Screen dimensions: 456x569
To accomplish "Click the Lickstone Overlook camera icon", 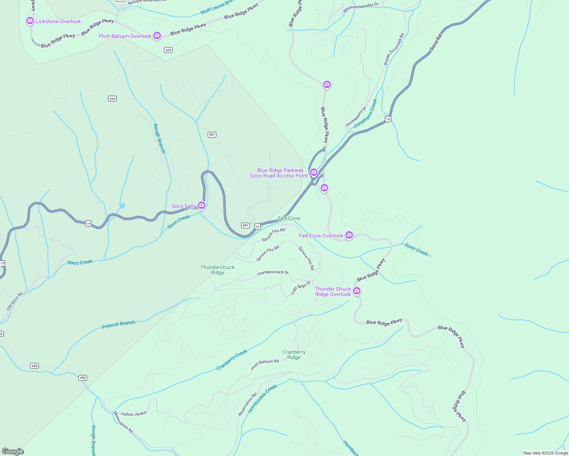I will pyautogui.click(x=30, y=21).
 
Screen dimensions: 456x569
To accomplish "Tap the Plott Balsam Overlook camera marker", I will pyautogui.click(x=157, y=35).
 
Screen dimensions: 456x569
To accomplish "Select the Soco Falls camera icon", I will pyautogui.click(x=202, y=205).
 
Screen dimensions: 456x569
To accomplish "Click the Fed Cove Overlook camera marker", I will pyautogui.click(x=349, y=235).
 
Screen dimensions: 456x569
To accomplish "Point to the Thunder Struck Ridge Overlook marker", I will pyautogui.click(x=357, y=291).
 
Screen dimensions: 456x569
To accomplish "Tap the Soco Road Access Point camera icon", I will pyautogui.click(x=314, y=172).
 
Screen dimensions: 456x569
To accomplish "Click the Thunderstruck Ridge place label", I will pyautogui.click(x=218, y=270).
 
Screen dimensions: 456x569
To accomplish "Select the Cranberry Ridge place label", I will pyautogui.click(x=294, y=355).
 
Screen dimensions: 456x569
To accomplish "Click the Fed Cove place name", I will pyautogui.click(x=289, y=218).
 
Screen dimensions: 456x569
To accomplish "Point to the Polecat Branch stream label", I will pyautogui.click(x=119, y=324).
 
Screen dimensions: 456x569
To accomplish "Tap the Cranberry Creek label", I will pyautogui.click(x=232, y=359).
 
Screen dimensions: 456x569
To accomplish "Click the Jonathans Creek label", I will pyautogui.click(x=366, y=114).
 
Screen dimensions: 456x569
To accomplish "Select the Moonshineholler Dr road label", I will pyautogui.click(x=361, y=8).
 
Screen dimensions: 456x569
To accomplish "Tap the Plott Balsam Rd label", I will pyautogui.click(x=265, y=364).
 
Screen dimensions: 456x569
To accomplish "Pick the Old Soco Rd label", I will pyautogui.click(x=15, y=301).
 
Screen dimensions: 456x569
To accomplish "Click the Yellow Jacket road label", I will pyautogui.click(x=134, y=414).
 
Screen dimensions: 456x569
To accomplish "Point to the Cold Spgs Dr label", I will pyautogui.click(x=301, y=287).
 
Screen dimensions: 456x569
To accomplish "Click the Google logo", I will pyautogui.click(x=13, y=451).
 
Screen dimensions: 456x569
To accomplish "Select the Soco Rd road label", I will pyautogui.click(x=436, y=43).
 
